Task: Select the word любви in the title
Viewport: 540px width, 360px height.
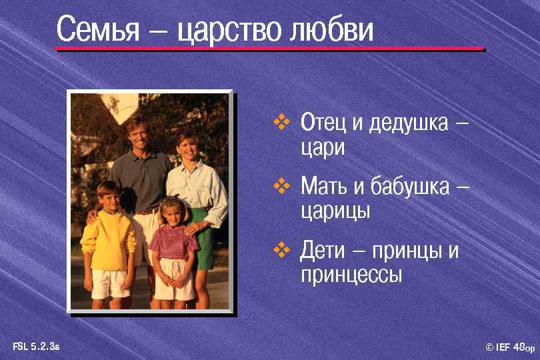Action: (x=331, y=31)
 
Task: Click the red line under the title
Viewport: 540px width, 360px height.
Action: (x=269, y=49)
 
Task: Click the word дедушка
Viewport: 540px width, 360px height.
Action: (x=409, y=124)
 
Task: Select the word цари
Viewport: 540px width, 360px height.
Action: (x=323, y=147)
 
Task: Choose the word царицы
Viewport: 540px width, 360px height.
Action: (x=335, y=212)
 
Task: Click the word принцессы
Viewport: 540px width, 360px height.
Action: (x=351, y=275)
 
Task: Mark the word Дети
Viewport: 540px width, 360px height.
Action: (x=323, y=252)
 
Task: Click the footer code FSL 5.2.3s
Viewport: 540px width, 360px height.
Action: (x=36, y=346)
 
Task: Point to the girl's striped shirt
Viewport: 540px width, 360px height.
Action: (x=173, y=242)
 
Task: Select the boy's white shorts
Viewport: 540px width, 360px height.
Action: (x=110, y=283)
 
